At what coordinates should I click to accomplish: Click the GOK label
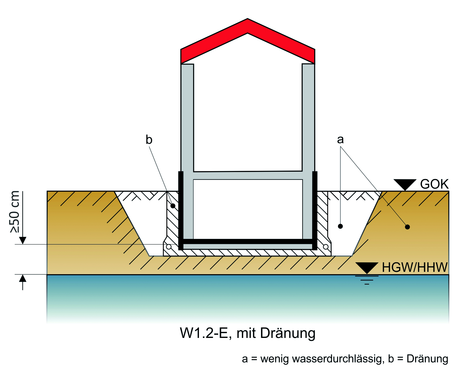point(434,184)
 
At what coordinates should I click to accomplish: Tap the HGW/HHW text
point(415,267)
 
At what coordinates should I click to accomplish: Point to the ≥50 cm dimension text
point(15,212)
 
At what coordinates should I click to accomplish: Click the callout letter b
point(149,140)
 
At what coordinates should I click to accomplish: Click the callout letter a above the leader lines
point(340,139)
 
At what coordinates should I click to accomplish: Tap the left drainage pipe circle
point(169,247)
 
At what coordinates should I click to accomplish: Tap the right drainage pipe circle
point(326,247)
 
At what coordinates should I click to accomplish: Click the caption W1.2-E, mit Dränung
point(248,333)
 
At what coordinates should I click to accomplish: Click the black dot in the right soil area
point(408,227)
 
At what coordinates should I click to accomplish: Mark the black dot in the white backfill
point(340,226)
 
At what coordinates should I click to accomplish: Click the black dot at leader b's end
point(173,206)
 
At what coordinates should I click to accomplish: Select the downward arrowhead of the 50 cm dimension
point(23,240)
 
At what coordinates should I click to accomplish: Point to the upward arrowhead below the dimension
point(23,278)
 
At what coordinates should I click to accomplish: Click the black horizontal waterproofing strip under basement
point(248,242)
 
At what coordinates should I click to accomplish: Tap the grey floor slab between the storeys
point(248,175)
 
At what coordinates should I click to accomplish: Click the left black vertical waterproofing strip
point(181,210)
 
